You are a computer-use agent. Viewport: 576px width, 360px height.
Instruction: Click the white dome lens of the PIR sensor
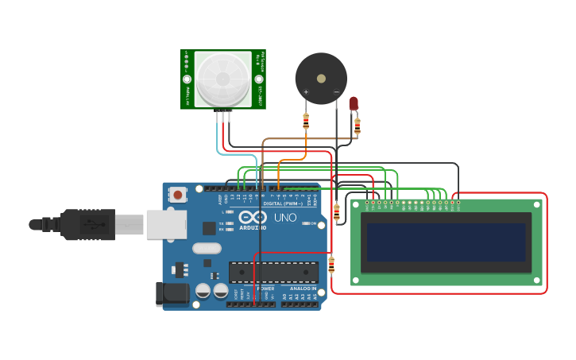222,79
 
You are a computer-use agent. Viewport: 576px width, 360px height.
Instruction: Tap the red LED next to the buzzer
354,103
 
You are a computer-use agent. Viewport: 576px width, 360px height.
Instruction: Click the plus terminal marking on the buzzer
306,92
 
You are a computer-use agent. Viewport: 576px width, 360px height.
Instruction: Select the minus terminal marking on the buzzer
336,92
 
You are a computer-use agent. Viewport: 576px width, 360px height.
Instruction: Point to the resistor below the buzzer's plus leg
306,121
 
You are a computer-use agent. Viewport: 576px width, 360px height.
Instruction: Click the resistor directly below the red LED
358,126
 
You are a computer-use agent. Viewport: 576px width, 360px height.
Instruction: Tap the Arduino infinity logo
253,216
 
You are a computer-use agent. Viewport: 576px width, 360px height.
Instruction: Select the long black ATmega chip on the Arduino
273,272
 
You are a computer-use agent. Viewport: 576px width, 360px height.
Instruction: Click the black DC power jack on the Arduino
173,293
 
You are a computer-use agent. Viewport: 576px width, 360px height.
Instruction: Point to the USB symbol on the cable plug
94,224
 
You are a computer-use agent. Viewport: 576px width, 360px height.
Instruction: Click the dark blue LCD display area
446,242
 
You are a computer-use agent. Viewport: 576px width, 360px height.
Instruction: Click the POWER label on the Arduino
265,288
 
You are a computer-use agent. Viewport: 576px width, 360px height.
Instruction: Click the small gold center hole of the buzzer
321,79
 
